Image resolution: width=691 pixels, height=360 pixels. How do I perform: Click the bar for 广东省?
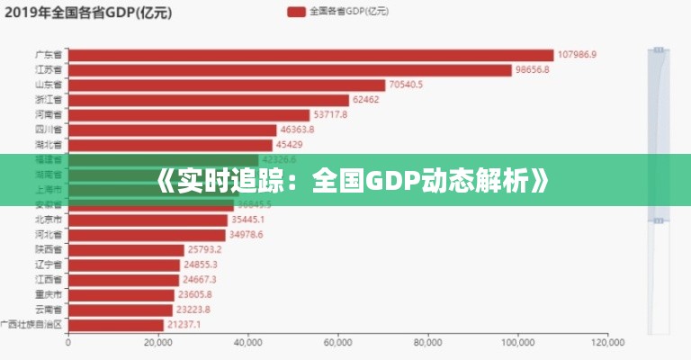[x=310, y=55]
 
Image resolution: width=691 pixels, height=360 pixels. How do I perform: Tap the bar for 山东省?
[x=227, y=85]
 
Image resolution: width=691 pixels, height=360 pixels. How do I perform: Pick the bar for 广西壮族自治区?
[x=116, y=324]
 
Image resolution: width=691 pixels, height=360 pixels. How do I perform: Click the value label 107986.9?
[x=577, y=55]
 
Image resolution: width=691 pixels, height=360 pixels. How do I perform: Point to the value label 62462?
[x=366, y=100]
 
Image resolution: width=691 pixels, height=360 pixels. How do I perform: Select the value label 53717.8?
[x=330, y=114]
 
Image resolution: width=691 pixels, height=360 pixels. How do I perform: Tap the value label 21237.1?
[x=184, y=324]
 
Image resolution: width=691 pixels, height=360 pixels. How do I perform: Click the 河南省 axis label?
[x=48, y=114]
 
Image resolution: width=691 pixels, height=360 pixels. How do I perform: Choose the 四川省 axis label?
[x=48, y=130]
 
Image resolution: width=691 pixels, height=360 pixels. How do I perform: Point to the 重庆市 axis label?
[x=48, y=294]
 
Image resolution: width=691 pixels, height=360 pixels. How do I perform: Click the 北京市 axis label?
[x=48, y=220]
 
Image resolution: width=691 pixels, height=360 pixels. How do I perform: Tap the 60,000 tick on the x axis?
[x=338, y=342]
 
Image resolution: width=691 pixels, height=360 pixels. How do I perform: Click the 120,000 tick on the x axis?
[x=608, y=342]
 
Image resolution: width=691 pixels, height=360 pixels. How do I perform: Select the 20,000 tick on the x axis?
[x=158, y=342]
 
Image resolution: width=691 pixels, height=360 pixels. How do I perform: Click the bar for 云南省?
[x=121, y=310]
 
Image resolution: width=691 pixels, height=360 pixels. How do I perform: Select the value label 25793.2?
[x=202, y=249]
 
